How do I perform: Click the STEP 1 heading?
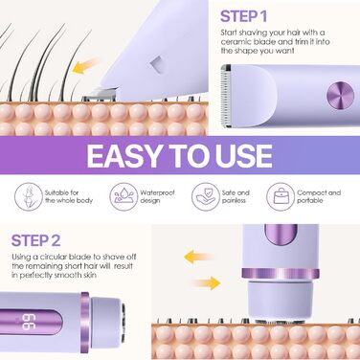pyautogui.click(x=243, y=16)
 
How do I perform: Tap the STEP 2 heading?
pyautogui.click(x=35, y=240)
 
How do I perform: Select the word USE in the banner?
pyautogui.click(x=243, y=155)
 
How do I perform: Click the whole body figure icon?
pyautogui.click(x=29, y=196)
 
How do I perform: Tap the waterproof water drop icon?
pyautogui.click(x=124, y=196)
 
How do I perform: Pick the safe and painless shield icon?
pyautogui.click(x=206, y=196)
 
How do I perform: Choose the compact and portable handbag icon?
pyautogui.click(x=281, y=196)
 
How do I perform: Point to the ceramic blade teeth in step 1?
pyautogui.click(x=226, y=95)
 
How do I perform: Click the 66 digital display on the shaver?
pyautogui.click(x=28, y=323)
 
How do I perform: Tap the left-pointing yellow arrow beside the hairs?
pyautogui.click(x=85, y=65)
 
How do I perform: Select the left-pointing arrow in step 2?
pyautogui.click(x=198, y=257)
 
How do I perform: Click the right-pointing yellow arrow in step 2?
pyautogui.click(x=206, y=282)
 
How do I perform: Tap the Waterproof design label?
pyautogui.click(x=157, y=196)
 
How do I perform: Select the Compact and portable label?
pyautogui.click(x=319, y=196)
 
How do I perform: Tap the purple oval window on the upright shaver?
pyautogui.click(x=281, y=235)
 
